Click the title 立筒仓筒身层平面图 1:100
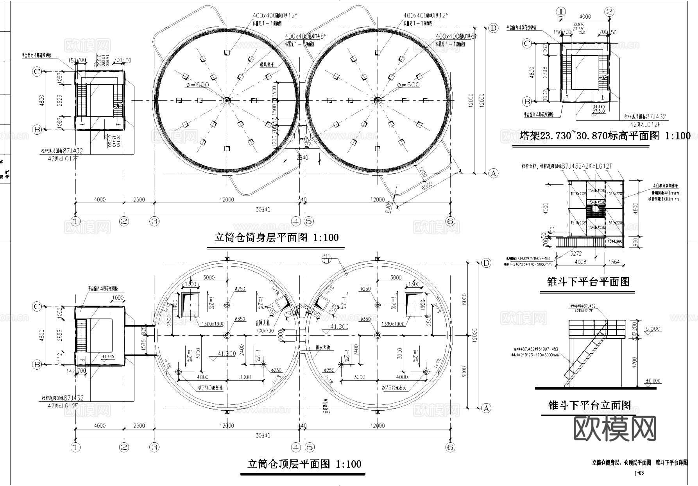[276, 237]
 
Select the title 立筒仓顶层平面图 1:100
[304, 464]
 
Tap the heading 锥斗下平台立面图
[589, 406]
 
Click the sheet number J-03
[639, 473]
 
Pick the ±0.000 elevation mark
[653, 381]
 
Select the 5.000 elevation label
[653, 329]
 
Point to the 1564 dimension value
[614, 262]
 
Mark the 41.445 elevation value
[107, 356]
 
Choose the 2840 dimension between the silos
[302, 158]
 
